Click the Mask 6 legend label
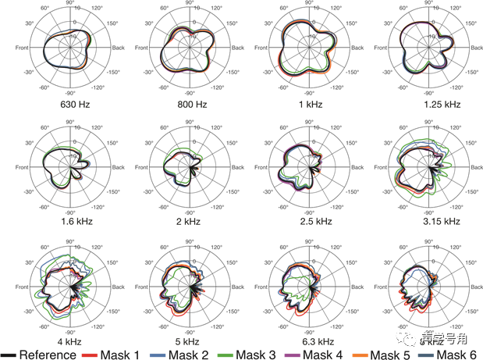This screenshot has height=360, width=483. (x=456, y=355)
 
